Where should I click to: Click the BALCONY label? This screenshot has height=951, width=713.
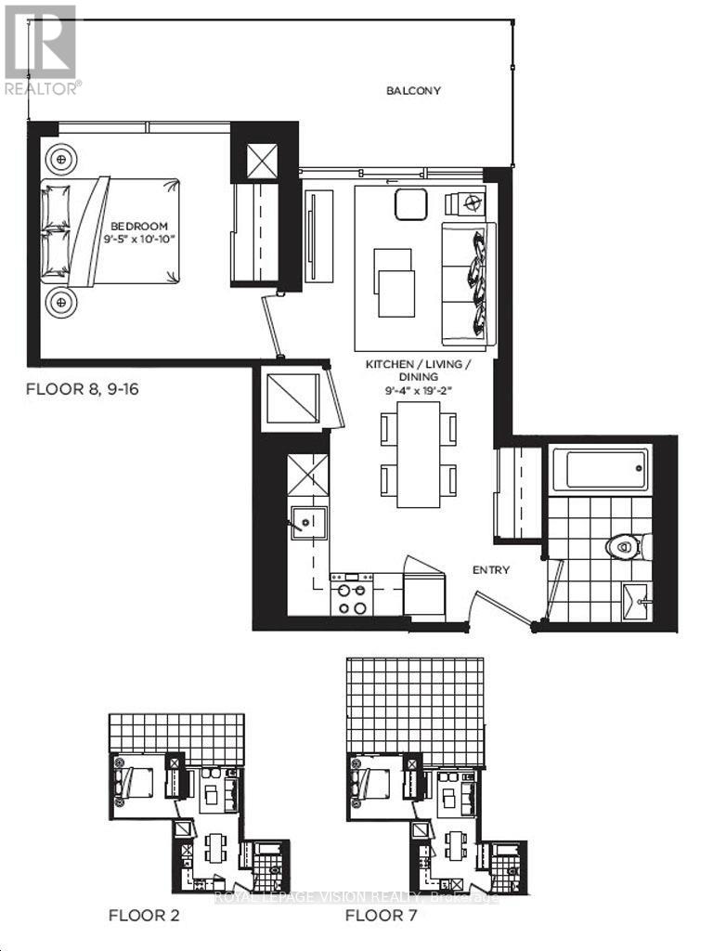tap(413, 91)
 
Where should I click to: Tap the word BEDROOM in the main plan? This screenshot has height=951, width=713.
tap(139, 226)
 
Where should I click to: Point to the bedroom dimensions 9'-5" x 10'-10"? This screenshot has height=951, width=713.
tap(139, 238)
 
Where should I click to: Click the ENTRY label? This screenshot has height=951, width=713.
tap(490, 569)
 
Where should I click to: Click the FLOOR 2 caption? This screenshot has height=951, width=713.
tap(144, 916)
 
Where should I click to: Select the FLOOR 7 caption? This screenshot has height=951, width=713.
tap(381, 916)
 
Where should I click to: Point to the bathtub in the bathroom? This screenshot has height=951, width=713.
tap(595, 469)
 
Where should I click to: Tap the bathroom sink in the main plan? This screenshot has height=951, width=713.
tap(637, 599)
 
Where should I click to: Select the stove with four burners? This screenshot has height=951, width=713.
tap(352, 594)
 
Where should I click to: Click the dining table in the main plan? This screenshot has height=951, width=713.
tap(419, 454)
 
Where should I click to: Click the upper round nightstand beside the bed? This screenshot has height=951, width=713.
tap(62, 159)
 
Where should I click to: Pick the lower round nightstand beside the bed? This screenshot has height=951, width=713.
tap(62, 302)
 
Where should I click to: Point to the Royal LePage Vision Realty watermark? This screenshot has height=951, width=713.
tap(356, 897)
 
